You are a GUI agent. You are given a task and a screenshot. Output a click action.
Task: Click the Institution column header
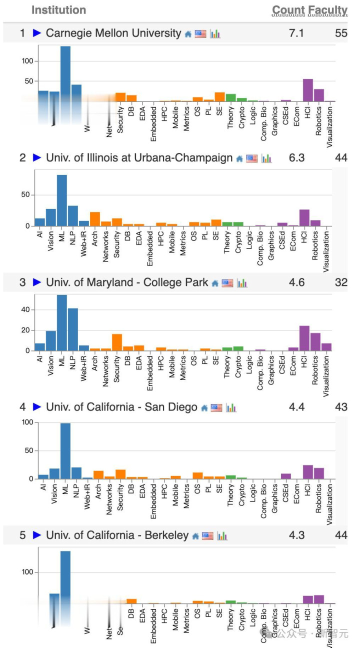pos(58,10)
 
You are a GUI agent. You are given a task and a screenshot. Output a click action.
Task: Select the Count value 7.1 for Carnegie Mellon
pos(296,33)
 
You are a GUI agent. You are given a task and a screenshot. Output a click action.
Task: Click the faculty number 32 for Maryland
pos(341,282)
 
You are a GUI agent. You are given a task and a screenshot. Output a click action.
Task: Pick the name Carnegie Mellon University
pos(113,33)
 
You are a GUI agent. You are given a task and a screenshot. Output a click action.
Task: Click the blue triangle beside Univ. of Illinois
pos(36,158)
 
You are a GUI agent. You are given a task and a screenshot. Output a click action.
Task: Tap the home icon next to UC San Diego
pos(204,408)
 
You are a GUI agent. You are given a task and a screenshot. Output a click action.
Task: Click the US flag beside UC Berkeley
pos(207,536)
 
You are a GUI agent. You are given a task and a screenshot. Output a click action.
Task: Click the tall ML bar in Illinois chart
pos(62,200)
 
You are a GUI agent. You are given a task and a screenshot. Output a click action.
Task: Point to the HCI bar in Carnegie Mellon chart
pos(308,90)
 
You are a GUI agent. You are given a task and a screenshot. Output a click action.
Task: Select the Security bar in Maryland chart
pos(117,342)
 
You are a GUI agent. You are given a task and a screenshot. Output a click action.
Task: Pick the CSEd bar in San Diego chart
pos(286,476)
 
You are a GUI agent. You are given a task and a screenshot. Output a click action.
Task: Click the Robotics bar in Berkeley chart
pos(319,599)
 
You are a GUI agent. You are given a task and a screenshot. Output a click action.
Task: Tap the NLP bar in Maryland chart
pos(73,329)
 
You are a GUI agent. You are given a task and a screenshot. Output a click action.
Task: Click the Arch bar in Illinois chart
pos(95,219)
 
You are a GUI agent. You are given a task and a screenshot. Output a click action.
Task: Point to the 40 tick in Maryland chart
pos(26,310)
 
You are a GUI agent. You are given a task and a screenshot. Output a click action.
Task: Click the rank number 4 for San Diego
pos(22,407)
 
